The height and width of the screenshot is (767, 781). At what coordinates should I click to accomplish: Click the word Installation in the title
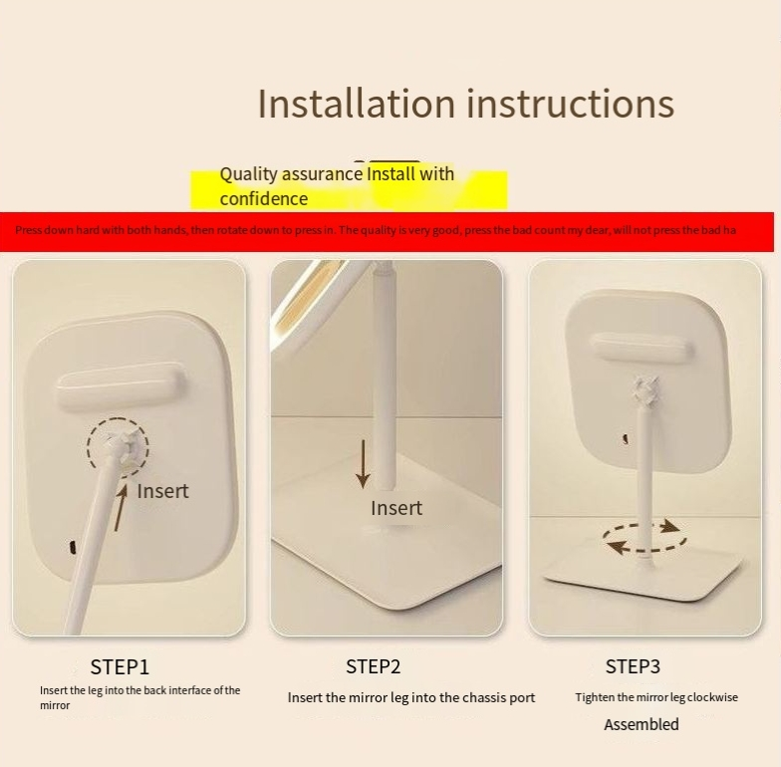point(357,104)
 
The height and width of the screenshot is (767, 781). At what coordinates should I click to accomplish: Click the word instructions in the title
point(571,104)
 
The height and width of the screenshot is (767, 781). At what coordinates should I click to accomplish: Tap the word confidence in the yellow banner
point(263,199)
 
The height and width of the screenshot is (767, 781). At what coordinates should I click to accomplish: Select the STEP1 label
point(120,667)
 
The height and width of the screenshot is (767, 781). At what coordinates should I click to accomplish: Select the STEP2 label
point(373,666)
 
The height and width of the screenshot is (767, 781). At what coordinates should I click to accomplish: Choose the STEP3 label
point(633,666)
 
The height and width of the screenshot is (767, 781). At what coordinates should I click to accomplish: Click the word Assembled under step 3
point(642,723)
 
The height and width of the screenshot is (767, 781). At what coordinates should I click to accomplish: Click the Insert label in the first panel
point(162,491)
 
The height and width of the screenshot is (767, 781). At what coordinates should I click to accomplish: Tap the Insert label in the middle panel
point(396,508)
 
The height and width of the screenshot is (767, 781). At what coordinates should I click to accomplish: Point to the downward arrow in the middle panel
point(363,464)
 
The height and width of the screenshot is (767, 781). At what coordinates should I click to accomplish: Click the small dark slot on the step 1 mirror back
point(73,547)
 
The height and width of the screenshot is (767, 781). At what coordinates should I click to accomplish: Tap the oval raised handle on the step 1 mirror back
point(118,388)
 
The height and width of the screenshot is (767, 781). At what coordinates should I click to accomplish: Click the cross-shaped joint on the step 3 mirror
point(646,390)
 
